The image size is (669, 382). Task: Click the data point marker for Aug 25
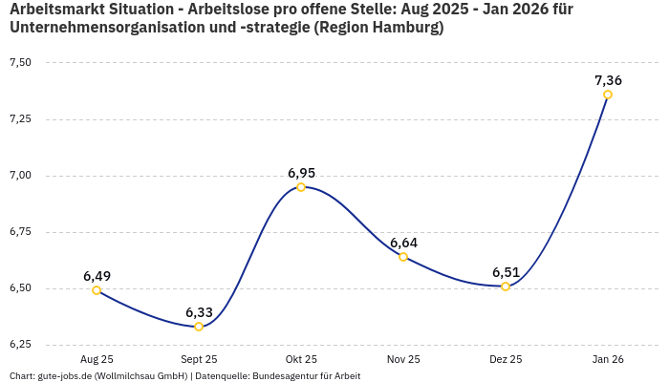pos(97,290)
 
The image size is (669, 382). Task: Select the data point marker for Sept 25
pos(199,327)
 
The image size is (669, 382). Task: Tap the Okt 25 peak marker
pos(301,187)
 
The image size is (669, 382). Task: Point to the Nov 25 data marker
pos(403,257)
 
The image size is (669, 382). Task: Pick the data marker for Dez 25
pos(506,286)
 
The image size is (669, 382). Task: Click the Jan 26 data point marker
pos(608,95)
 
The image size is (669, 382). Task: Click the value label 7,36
pos(608,80)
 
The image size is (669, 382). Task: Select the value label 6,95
pos(301,173)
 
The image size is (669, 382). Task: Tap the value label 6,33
pos(199,312)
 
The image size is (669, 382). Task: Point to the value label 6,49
pos(97,276)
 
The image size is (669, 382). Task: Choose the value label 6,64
pos(403,243)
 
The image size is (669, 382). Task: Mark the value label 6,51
pos(506,272)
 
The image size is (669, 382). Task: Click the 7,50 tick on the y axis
pos(20,63)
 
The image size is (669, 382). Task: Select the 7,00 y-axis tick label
pos(20,176)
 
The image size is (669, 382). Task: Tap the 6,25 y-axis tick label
pos(20,345)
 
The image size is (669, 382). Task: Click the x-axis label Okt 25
pos(301,360)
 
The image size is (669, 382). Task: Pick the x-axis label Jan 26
pos(608,360)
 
